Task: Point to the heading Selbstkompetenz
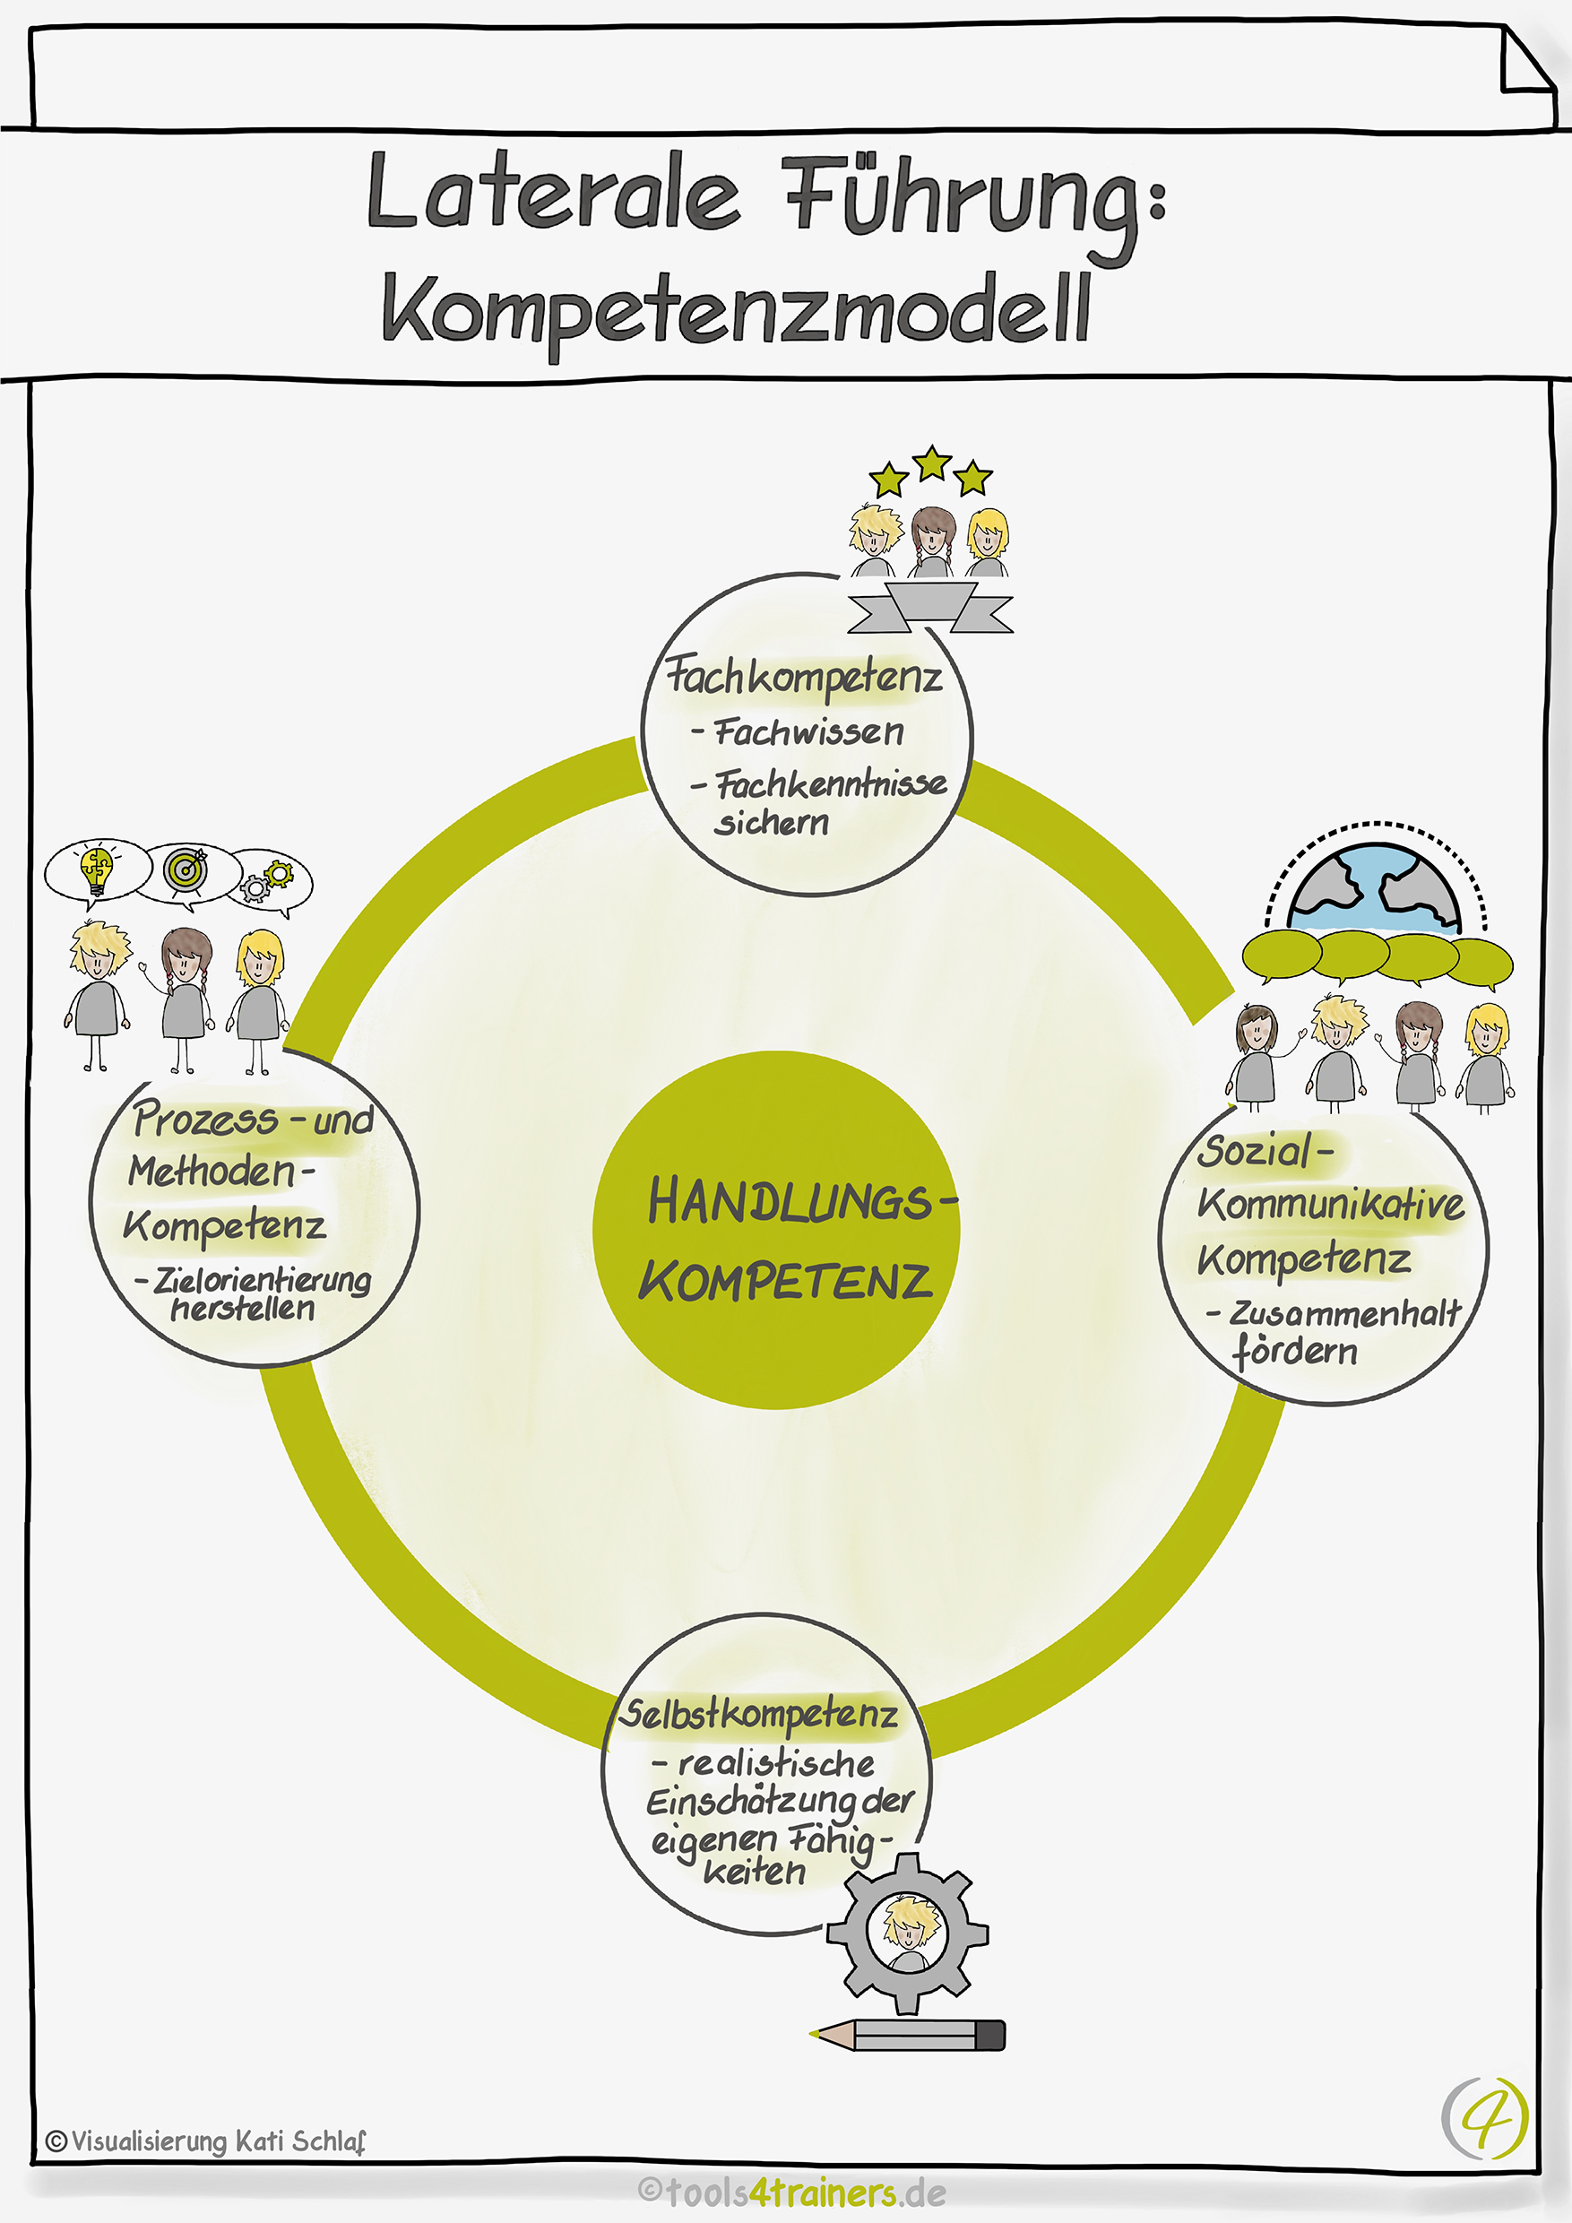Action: pyautogui.click(x=759, y=1715)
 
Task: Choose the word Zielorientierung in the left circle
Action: pyautogui.click(x=263, y=1280)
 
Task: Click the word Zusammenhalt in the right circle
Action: pyautogui.click(x=1344, y=1314)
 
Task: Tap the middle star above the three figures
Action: pyautogui.click(x=931, y=463)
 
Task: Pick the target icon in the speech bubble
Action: pyautogui.click(x=186, y=870)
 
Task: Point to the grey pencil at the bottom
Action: pyautogui.click(x=909, y=2034)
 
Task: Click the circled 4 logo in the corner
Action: pyautogui.click(x=1485, y=2117)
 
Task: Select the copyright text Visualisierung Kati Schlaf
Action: pyautogui.click(x=206, y=2141)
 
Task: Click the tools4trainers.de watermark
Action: pyautogui.click(x=791, y=2192)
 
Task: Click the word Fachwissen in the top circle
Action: pyautogui.click(x=808, y=732)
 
